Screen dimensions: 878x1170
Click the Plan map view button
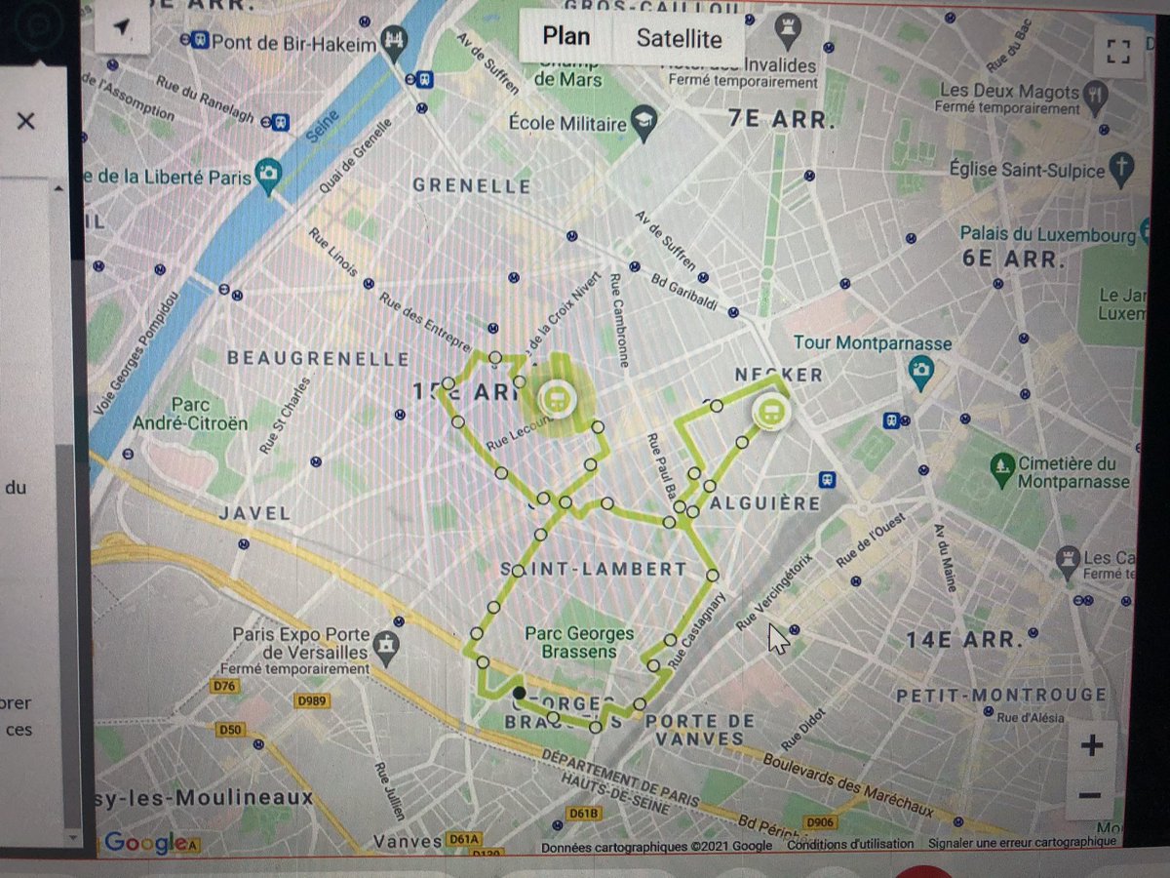[x=566, y=37]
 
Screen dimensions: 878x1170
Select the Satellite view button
[x=679, y=39]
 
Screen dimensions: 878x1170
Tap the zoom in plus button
[x=1091, y=746]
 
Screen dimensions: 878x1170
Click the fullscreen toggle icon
[x=1117, y=51]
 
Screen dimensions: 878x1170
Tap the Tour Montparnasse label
[x=872, y=343]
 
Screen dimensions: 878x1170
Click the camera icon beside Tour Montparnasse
[x=920, y=371]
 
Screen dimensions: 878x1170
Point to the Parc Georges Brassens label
[x=579, y=642]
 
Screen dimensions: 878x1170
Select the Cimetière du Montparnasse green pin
[x=1002, y=470]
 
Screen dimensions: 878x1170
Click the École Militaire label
[x=567, y=124]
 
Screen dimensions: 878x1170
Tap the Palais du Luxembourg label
[x=1047, y=234]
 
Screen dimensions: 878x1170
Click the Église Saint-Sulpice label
[x=1027, y=170]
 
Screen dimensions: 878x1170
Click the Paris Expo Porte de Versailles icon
[x=389, y=644]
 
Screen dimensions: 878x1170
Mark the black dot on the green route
[x=519, y=693]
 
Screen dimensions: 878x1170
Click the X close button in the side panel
[x=26, y=121]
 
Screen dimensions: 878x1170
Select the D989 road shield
[x=312, y=700]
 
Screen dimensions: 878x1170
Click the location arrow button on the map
[x=121, y=29]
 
